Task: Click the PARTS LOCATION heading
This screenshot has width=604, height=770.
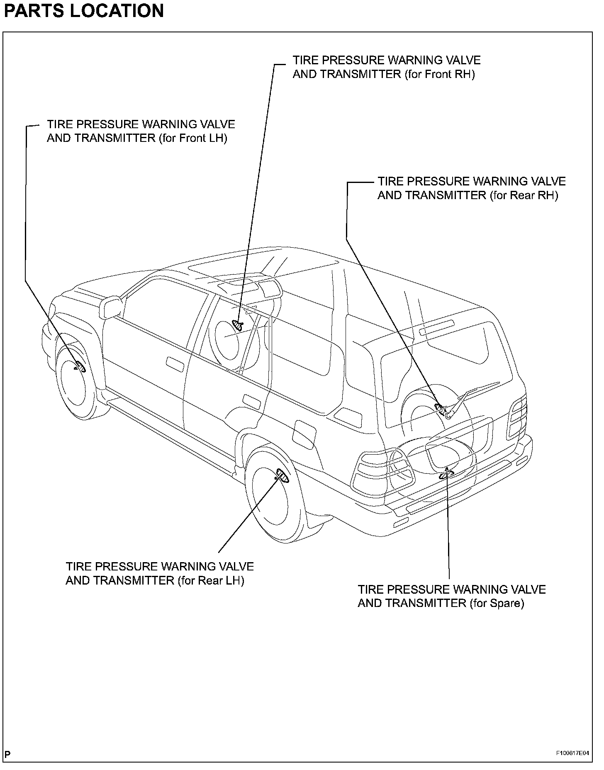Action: click(x=84, y=11)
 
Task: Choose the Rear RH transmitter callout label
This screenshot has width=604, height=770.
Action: click(x=471, y=188)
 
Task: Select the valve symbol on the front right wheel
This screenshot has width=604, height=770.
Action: click(x=238, y=324)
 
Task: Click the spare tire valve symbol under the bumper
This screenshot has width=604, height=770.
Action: click(x=447, y=473)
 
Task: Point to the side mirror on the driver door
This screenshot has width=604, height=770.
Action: click(x=110, y=307)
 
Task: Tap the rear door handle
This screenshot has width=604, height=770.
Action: click(x=251, y=402)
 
